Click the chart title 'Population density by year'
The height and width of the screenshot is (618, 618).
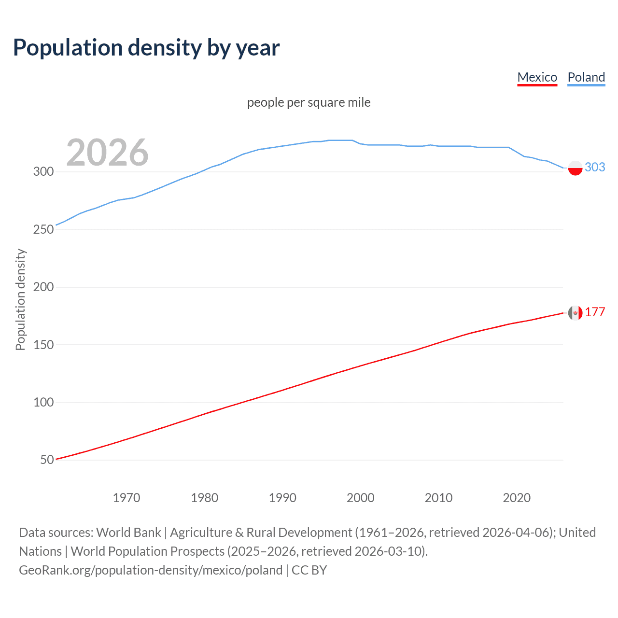146,48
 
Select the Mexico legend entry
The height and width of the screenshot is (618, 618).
537,77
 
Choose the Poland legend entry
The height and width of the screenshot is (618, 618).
586,77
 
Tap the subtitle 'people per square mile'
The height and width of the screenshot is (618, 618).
309,102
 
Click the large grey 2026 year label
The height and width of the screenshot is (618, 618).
107,153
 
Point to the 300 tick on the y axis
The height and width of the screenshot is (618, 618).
43,172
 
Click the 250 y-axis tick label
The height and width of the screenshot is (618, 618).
43,229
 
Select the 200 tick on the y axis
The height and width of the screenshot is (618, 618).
43,287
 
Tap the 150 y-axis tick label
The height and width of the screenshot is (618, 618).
43,345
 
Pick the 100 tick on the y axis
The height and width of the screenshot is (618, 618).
43,402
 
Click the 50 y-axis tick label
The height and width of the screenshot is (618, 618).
47,460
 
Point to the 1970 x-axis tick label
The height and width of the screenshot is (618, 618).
126,498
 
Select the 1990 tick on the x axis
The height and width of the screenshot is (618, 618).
282,498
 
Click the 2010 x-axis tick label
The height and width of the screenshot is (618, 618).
438,498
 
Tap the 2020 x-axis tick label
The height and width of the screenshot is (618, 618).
517,498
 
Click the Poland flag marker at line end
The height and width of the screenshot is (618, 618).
575,168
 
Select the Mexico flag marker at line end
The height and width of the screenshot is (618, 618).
575,313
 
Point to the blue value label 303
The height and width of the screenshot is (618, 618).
595,167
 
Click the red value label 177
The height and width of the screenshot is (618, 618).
595,312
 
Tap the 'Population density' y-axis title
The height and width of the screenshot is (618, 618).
20,299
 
